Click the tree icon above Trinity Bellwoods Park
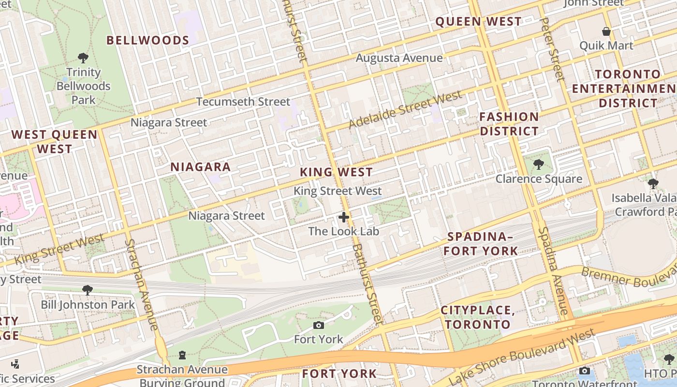pos(83,58)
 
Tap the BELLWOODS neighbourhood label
pos(147,40)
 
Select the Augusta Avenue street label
pos(399,58)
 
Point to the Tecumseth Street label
pos(243,102)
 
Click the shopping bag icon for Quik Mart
pos(606,32)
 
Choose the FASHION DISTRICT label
pos(509,124)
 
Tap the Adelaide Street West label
pos(405,110)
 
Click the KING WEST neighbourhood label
pos(336,172)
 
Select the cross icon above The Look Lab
pos(344,217)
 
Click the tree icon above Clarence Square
pos(539,164)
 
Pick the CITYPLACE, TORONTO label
pos(478,317)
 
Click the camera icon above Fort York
pos(318,325)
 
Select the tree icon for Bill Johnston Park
pos(88,290)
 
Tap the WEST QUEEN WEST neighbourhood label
pos(54,142)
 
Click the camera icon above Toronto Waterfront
pos(584,371)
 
